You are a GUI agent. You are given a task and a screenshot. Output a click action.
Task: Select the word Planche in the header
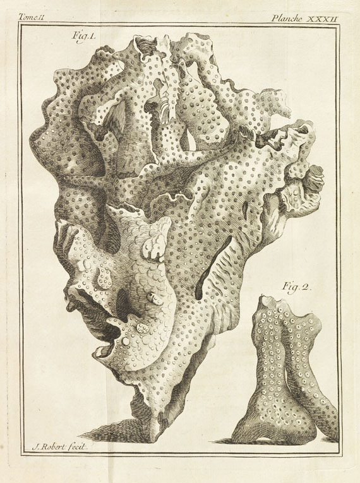tap(287, 18)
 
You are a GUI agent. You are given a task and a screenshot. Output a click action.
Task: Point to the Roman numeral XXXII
tap(323, 18)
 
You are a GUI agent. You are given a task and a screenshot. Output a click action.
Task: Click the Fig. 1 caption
tap(83, 37)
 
